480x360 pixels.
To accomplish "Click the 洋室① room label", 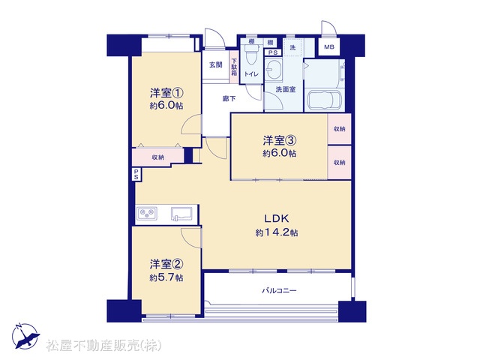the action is click(x=166, y=92).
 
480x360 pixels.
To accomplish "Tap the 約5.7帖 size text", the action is click(x=166, y=277).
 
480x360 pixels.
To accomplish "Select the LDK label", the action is click(x=277, y=218).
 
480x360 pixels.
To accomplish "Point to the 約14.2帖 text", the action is click(x=277, y=232).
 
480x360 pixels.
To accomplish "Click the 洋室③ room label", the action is click(x=280, y=140).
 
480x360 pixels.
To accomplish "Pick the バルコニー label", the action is click(x=279, y=290).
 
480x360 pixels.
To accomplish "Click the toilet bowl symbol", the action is click(x=252, y=55).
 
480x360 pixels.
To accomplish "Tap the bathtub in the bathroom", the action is click(x=325, y=100).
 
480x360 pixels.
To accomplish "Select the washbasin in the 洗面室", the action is click(x=271, y=69).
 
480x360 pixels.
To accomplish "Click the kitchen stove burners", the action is click(x=147, y=213).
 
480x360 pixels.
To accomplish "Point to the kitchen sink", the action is click(x=182, y=213).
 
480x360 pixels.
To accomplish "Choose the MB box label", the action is click(x=329, y=47).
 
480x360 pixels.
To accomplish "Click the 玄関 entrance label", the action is click(x=216, y=64).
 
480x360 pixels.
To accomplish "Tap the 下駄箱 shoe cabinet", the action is click(x=234, y=67).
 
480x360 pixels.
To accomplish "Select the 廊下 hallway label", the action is click(x=229, y=98).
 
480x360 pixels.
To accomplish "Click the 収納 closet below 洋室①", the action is click(x=158, y=157).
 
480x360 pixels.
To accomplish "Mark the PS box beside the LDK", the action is click(x=136, y=175).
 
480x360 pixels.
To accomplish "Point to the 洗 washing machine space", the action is click(x=293, y=47).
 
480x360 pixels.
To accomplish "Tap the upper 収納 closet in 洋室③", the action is click(x=339, y=129).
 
